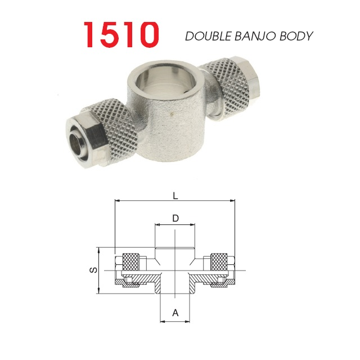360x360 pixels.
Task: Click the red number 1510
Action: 121,34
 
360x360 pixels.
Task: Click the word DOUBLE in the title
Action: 208,36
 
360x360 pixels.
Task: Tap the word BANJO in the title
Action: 255,36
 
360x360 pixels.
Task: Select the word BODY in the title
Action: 296,36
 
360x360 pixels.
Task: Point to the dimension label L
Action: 175,196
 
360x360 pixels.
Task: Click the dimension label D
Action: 175,218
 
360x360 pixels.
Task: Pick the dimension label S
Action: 93,270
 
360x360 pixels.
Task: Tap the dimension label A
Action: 175,313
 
